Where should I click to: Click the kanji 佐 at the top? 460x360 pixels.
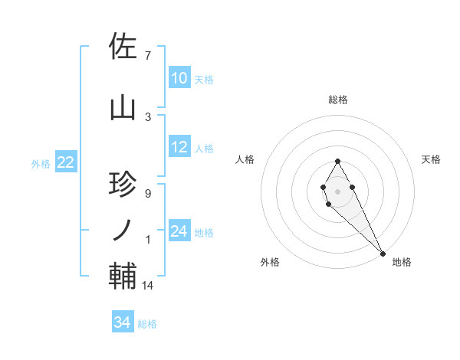123,47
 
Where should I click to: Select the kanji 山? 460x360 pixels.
123,108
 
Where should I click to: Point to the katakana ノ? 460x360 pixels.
123,230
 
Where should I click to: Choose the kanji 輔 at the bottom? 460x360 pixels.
123,275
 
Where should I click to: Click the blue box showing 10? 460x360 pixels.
179,78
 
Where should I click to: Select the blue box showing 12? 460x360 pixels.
179,147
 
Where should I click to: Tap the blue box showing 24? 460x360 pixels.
179,231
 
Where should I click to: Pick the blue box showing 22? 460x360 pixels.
65,162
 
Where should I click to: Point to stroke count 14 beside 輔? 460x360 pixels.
149,286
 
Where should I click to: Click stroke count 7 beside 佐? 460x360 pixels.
147,55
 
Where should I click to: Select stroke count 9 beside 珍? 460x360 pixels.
147,193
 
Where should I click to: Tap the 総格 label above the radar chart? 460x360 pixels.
338,100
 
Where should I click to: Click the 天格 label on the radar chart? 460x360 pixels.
431,159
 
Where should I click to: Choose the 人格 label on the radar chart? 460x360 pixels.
245,159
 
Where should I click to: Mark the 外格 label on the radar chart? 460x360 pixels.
270,262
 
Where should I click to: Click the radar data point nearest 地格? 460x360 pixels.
383,252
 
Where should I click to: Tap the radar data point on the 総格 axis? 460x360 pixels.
338,162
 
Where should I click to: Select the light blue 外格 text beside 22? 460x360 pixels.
41,163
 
